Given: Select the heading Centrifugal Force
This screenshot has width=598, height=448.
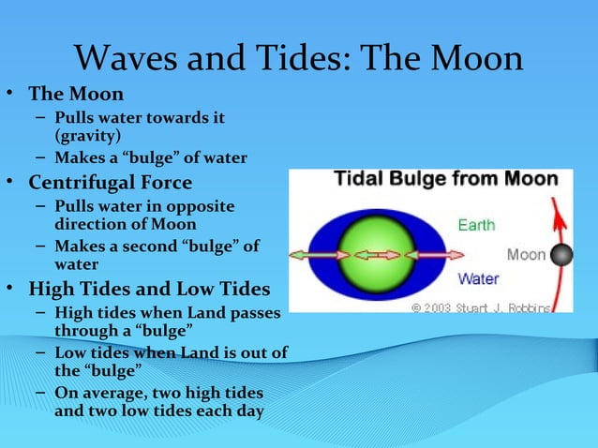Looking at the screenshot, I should [111, 182].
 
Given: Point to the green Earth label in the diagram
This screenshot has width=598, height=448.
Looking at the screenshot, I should [477, 225].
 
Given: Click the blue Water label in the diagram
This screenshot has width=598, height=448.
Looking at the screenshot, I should [478, 278].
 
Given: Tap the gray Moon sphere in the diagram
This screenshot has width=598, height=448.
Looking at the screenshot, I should [561, 254].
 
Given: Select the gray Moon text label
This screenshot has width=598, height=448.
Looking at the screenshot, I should [526, 255].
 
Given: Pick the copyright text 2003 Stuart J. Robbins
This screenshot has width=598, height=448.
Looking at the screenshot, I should [487, 306].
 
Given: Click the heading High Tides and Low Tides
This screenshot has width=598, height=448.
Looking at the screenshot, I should [149, 288].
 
